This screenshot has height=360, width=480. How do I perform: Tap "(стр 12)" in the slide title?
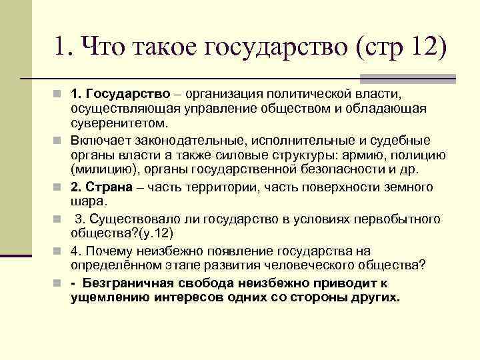[x=400, y=48]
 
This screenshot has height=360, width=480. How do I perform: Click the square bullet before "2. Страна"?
[x=61, y=187]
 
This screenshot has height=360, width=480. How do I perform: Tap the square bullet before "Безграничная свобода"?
[x=61, y=283]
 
